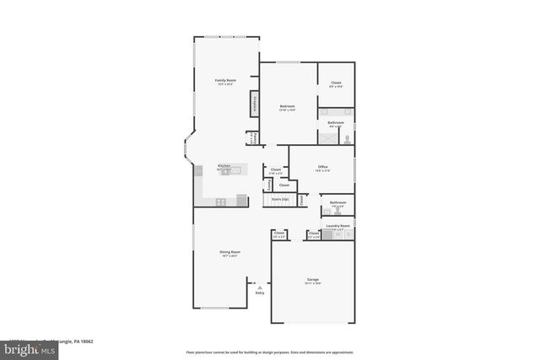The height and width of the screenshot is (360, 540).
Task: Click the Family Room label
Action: (x=225, y=81)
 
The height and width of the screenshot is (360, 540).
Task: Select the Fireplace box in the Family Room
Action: (x=252, y=105)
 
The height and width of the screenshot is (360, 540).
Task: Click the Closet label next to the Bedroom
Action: (x=335, y=83)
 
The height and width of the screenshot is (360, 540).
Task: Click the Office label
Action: (x=322, y=167)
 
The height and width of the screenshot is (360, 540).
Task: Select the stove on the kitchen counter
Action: (x=221, y=201)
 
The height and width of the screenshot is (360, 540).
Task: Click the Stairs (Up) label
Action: (x=280, y=200)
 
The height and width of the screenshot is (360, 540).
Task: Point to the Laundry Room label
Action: (x=339, y=226)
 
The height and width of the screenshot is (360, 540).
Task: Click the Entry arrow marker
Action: (x=260, y=286)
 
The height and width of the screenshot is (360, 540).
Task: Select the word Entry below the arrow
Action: (x=260, y=293)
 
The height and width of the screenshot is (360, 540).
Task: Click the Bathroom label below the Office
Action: (x=337, y=202)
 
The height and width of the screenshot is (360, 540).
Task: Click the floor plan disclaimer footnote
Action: (x=269, y=351)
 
